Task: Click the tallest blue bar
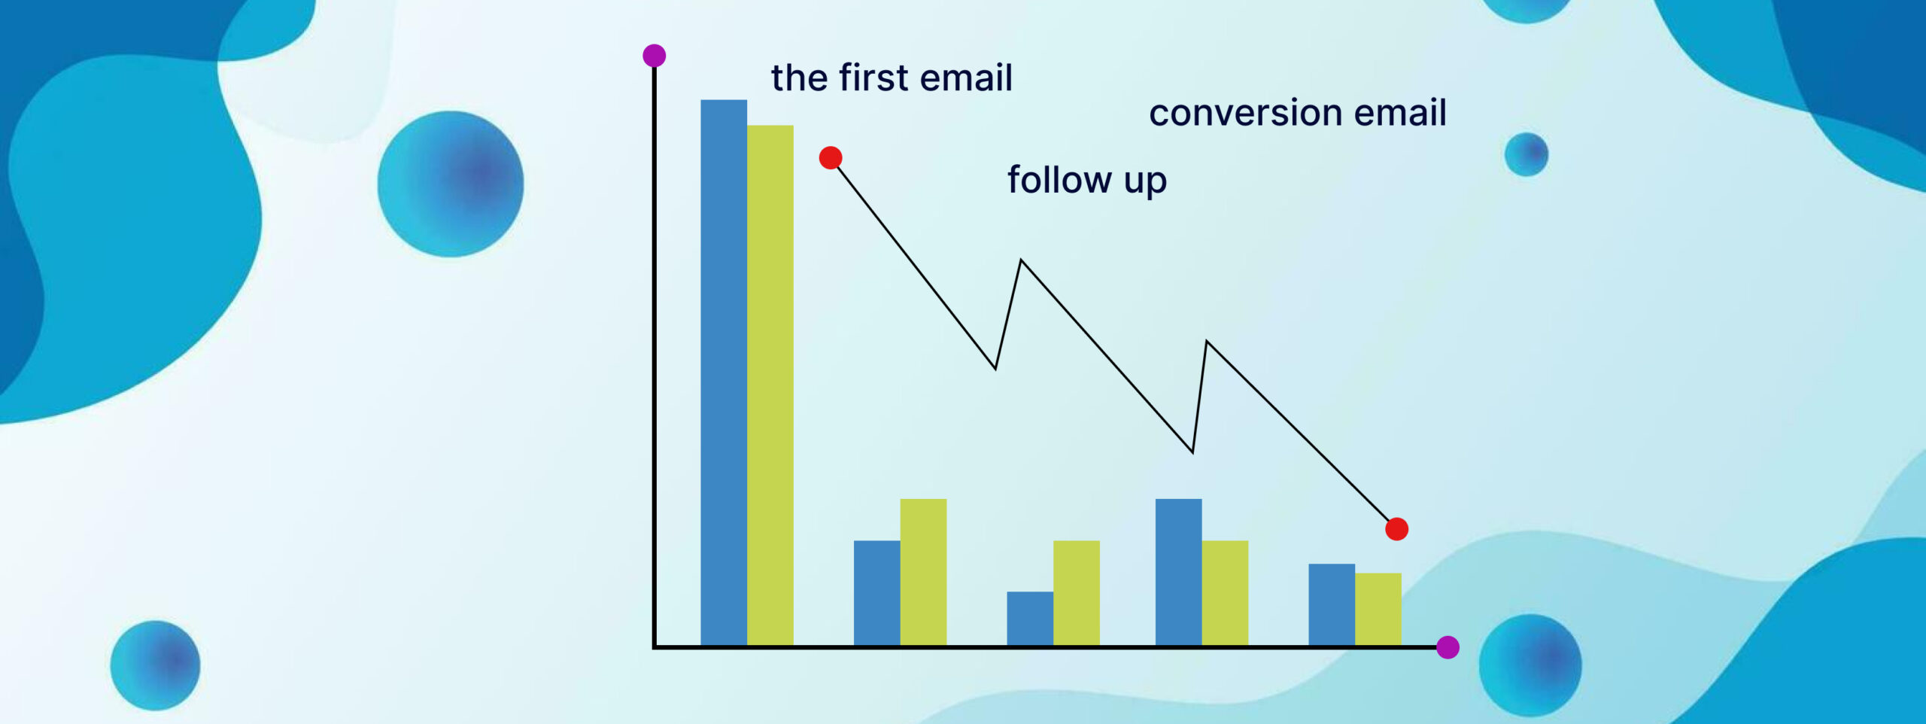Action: point(724,373)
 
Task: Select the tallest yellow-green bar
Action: point(770,385)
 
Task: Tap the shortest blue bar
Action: point(1030,619)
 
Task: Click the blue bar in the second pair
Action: point(877,593)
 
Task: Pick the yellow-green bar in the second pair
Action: point(923,572)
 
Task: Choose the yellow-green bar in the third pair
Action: point(1077,593)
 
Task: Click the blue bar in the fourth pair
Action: point(1179,572)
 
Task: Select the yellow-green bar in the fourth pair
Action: point(1225,593)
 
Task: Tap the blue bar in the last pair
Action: point(1332,604)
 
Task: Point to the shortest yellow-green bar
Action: point(1378,610)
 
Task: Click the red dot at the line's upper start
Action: point(831,158)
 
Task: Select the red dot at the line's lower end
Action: point(1397,529)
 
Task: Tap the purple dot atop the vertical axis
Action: point(655,56)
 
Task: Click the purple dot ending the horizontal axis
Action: point(1448,647)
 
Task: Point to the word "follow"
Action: point(1059,180)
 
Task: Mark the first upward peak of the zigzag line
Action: point(1021,260)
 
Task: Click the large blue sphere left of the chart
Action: point(451,184)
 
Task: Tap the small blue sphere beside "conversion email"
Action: point(1527,155)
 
